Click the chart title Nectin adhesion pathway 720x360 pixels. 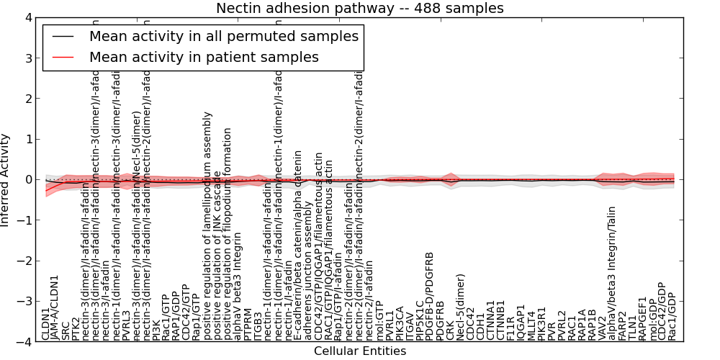tap(360, 9)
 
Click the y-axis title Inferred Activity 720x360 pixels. tap(6, 179)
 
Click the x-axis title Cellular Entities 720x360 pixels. tap(360, 351)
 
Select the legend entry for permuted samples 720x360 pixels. tap(223, 36)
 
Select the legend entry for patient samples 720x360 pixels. tap(204, 56)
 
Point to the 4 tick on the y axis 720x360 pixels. tap(29, 17)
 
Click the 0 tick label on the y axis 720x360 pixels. tap(29, 179)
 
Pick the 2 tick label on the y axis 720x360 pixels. tap(29, 99)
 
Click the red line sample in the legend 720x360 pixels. tap(65, 56)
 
